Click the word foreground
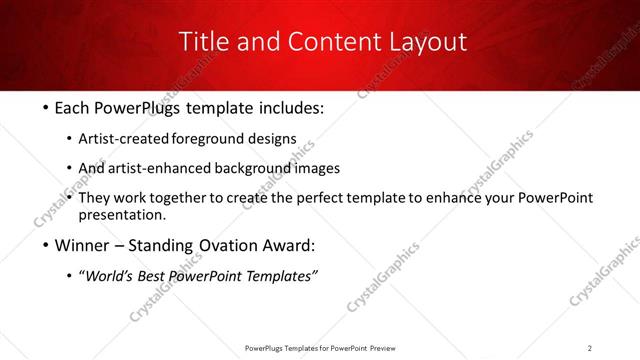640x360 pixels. [204, 138]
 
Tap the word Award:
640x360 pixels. [290, 245]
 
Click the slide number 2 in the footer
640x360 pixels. [590, 348]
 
